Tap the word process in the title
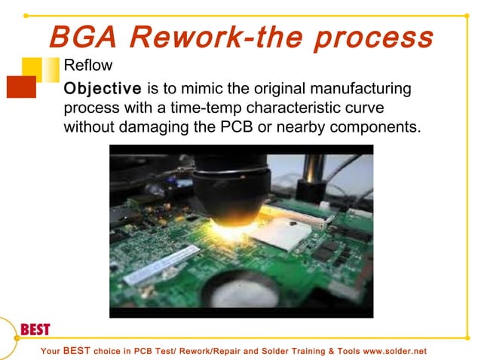tap(379, 36)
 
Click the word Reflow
tap(88, 66)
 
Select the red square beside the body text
tap(21, 87)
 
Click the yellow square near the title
tap(31, 69)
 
